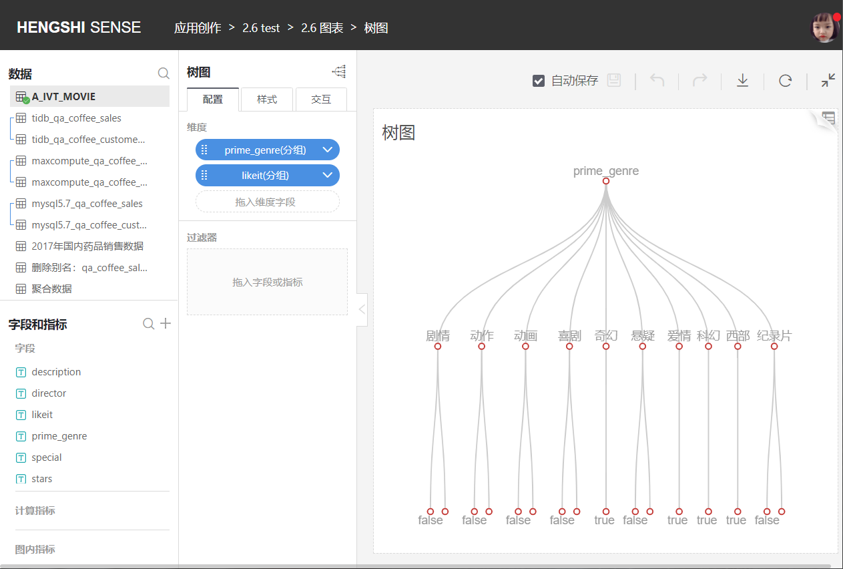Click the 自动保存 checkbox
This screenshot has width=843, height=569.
[538, 81]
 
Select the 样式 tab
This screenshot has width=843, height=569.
[267, 100]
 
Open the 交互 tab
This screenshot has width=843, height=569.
[321, 100]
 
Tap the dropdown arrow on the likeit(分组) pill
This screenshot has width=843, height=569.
[328, 175]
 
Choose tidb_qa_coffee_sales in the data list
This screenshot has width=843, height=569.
[76, 118]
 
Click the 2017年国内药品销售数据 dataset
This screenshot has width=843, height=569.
[87, 246]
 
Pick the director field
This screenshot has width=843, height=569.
[49, 393]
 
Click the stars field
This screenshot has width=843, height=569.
[42, 479]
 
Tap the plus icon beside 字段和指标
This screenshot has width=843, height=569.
[166, 323]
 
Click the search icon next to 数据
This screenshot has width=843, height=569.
[164, 73]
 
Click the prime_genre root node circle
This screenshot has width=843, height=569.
[606, 181]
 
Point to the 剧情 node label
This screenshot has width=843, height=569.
[438, 335]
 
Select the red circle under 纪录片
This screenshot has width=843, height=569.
[774, 347]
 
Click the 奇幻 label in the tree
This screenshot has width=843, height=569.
[606, 335]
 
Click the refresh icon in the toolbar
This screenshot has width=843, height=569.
[785, 81]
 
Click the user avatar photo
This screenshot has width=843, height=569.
[824, 27]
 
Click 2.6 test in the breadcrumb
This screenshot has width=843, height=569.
[261, 28]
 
